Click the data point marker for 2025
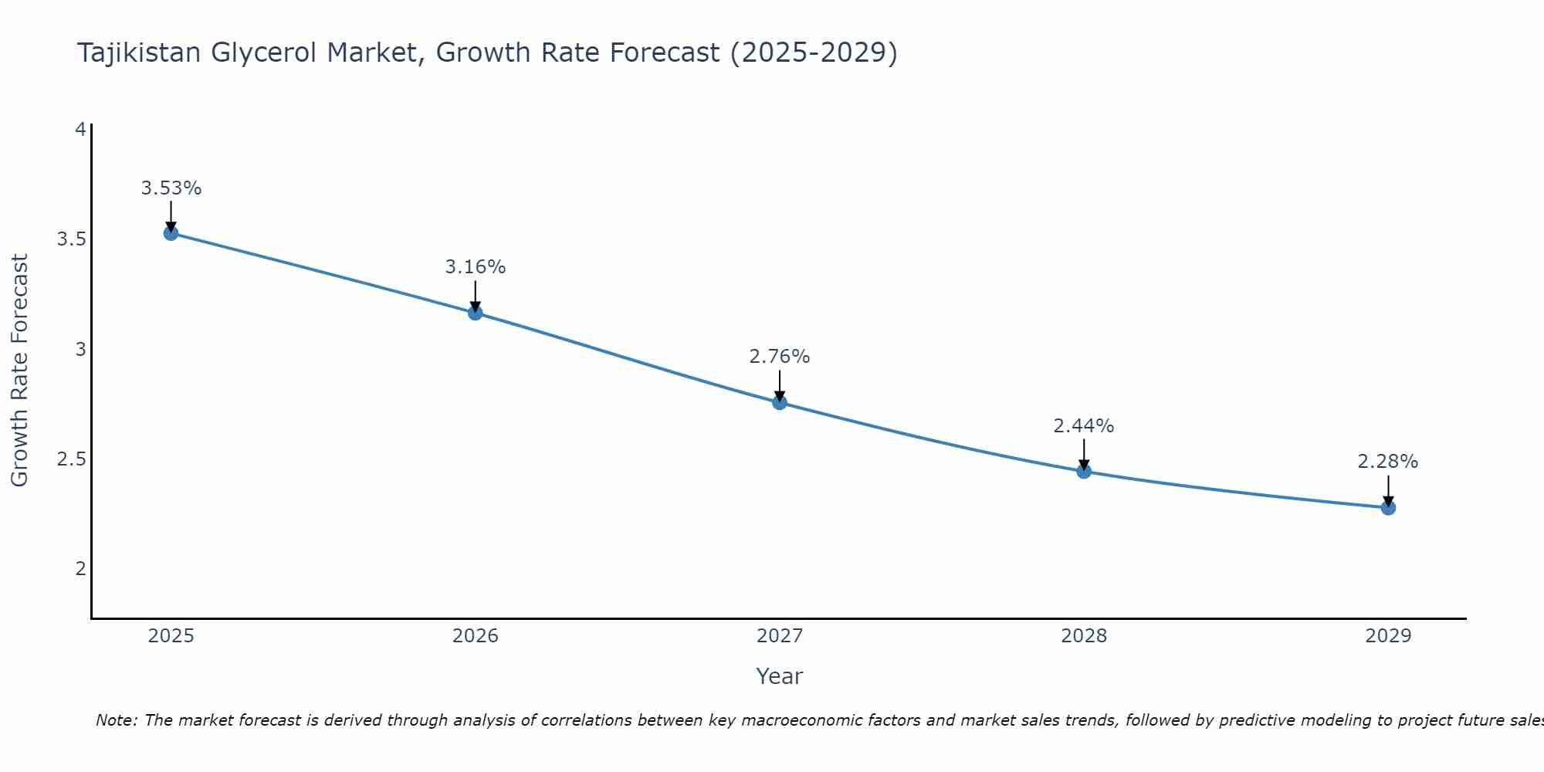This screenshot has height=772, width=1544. [171, 233]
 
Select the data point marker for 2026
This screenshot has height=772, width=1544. [476, 313]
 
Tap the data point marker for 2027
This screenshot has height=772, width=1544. [780, 402]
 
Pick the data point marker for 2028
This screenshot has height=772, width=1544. [1084, 471]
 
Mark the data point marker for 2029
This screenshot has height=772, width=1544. [1388, 507]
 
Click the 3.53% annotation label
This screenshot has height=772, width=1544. [171, 188]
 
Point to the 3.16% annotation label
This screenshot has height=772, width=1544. [476, 267]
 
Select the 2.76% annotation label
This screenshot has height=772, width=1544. [780, 357]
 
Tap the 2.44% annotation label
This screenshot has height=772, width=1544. [1084, 426]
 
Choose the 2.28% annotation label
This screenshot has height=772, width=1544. [1388, 462]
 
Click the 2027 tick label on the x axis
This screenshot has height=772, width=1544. [780, 636]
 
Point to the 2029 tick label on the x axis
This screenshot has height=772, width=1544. [1388, 636]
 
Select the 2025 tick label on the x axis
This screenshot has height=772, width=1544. [171, 636]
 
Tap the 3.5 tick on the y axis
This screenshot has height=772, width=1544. [71, 239]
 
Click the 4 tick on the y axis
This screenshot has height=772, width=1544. [80, 130]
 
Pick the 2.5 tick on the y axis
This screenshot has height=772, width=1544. [71, 459]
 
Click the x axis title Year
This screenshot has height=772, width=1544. [780, 676]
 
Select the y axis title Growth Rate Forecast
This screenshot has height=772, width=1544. [20, 371]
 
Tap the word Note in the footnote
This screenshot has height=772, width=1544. [115, 720]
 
